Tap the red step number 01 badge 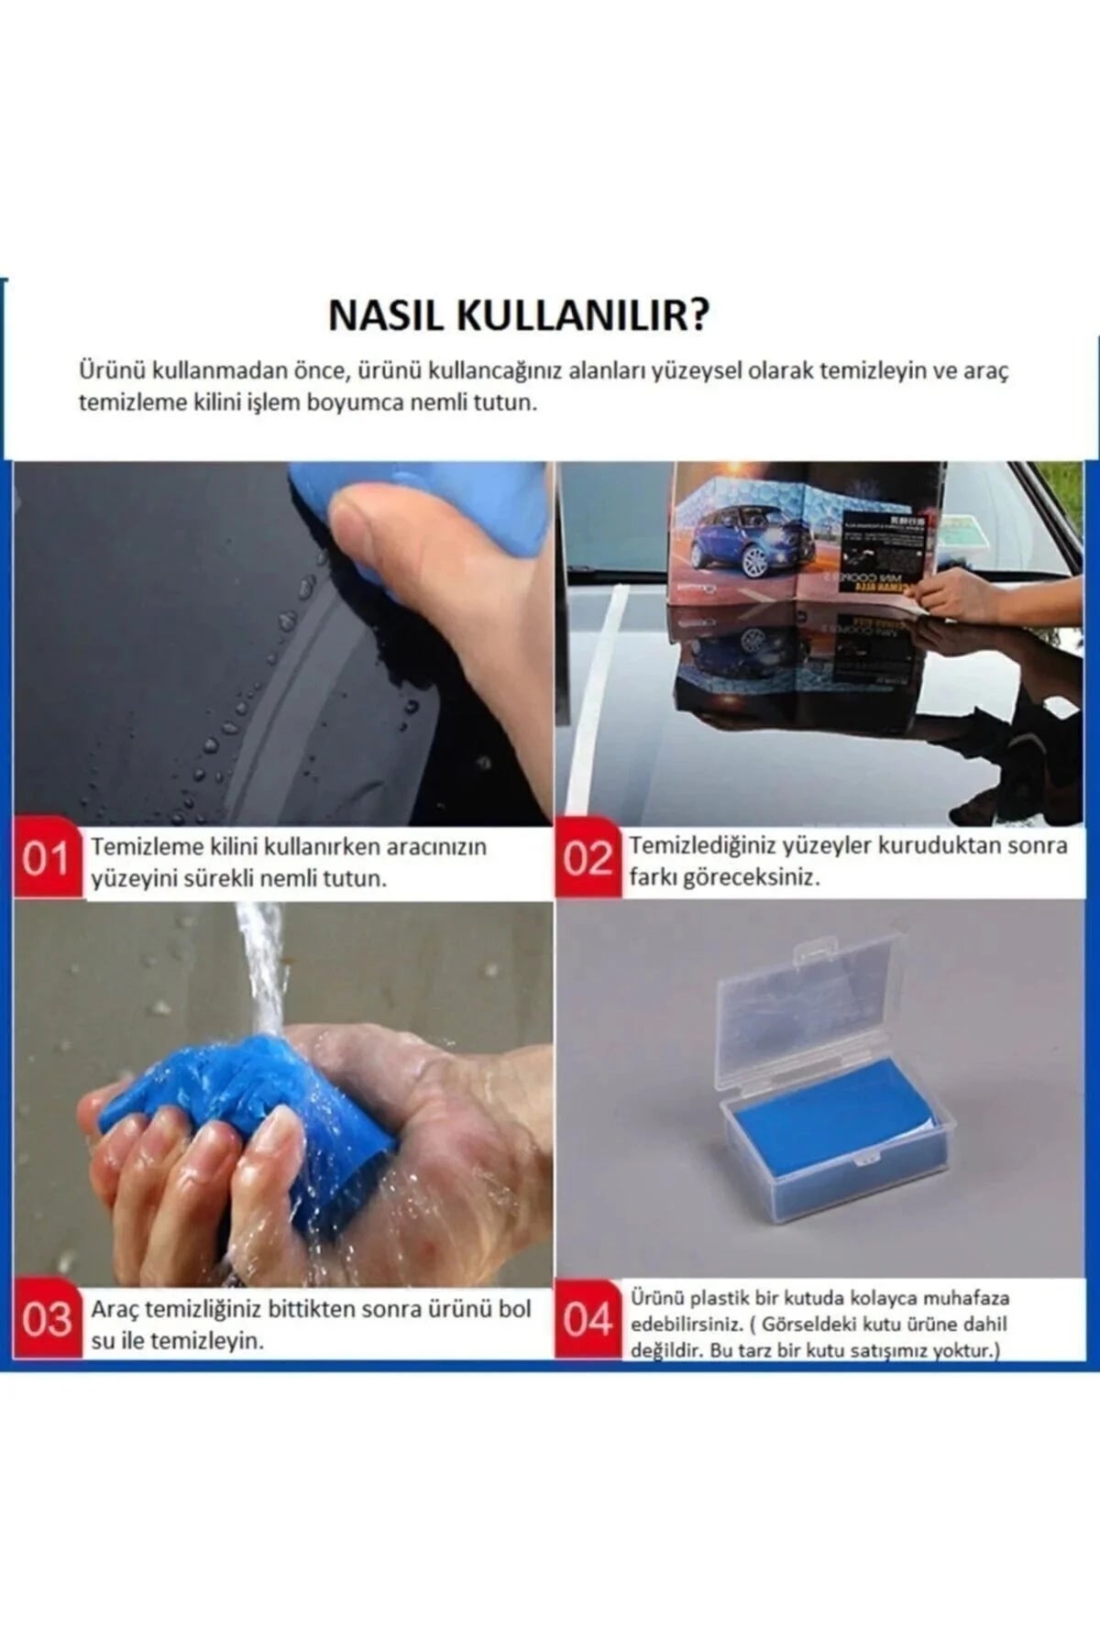pos(45,860)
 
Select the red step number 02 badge pos(587,860)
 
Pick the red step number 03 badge pos(47,1320)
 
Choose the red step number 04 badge pos(587,1320)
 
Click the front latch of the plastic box pos(862,1162)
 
